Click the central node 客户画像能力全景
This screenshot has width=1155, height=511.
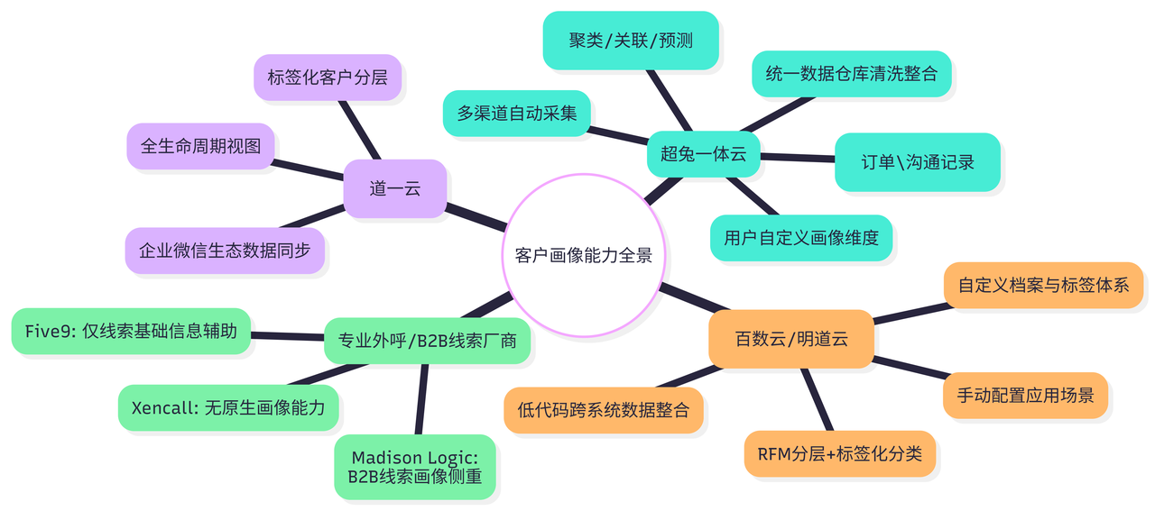[583, 256]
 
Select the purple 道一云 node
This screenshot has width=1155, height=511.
[395, 189]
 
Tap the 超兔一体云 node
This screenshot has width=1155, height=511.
[703, 154]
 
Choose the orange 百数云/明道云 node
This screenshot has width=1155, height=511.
[791, 339]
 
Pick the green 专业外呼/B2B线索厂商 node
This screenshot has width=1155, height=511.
[427, 340]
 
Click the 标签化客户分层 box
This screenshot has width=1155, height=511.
[328, 77]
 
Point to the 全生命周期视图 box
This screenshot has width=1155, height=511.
[200, 146]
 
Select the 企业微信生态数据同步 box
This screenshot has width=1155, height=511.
[225, 250]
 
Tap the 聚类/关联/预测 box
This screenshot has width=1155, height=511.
[631, 41]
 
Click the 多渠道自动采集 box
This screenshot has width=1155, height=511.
[517, 114]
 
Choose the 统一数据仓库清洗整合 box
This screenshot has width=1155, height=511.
[851, 74]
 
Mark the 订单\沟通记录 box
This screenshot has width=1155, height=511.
[917, 162]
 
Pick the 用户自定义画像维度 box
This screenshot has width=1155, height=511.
[801, 238]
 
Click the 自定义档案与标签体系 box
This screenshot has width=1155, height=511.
[1043, 286]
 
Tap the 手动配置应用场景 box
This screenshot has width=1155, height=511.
[1025, 396]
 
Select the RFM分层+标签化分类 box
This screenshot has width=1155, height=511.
[839, 453]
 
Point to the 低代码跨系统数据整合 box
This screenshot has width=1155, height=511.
[604, 410]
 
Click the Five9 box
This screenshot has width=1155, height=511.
[132, 332]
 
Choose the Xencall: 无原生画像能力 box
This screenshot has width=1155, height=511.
[228, 407]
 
